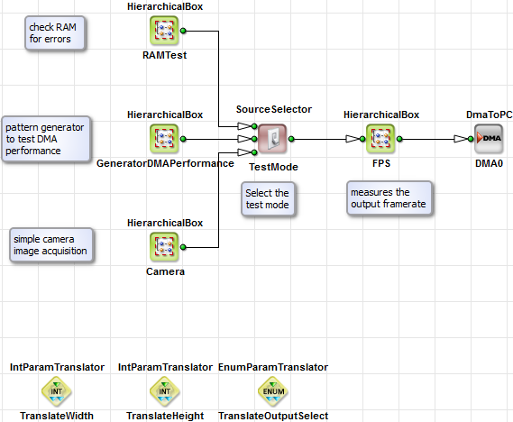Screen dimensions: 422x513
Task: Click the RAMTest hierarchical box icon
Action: pos(165,33)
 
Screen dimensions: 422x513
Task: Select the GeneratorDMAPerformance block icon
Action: pos(165,139)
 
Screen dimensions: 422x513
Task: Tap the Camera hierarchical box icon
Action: pos(165,244)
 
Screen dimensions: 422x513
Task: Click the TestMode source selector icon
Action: pos(273,139)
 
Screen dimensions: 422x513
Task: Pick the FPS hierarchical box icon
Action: pos(380,139)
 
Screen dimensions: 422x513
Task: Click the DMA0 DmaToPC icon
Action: pos(489,139)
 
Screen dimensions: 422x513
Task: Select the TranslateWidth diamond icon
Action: pos(57,391)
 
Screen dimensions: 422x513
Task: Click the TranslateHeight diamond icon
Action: pos(165,391)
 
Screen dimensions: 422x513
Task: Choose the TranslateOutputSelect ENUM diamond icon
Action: pos(273,391)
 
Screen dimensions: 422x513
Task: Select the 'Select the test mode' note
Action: pos(268,198)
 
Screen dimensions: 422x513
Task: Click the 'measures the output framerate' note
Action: pos(389,198)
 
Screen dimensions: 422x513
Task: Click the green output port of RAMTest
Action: pos(183,31)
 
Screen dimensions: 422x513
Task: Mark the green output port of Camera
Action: pos(183,244)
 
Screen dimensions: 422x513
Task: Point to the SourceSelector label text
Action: pos(273,109)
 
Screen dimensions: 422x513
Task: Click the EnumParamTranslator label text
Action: pos(273,367)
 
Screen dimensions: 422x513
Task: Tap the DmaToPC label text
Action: pos(489,115)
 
